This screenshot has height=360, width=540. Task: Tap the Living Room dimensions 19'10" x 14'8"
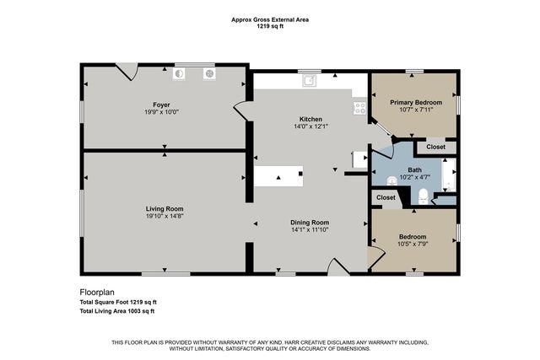[164, 216]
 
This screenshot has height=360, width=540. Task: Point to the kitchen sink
[310, 81]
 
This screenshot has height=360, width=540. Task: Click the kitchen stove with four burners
[359, 108]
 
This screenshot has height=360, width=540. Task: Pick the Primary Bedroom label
[414, 102]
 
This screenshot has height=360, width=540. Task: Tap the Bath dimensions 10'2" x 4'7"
[414, 177]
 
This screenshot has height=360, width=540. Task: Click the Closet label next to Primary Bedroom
[435, 147]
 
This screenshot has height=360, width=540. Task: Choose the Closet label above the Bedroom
[386, 197]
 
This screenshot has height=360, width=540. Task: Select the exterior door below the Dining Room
[337, 267]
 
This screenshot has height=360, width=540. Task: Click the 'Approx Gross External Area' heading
[269, 19]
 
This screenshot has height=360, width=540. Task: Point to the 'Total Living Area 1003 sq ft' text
[117, 311]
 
